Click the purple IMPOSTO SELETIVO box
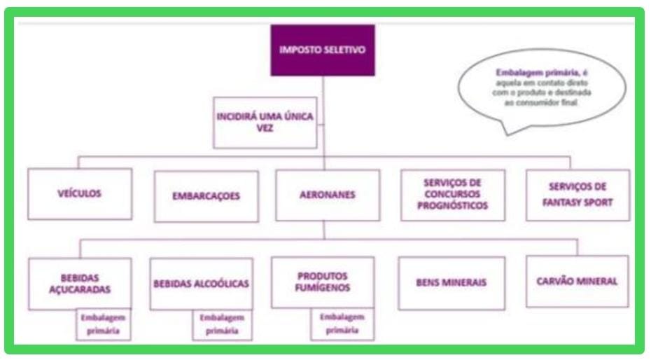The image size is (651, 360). pos(323,50)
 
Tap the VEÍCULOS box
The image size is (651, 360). pos(80,194)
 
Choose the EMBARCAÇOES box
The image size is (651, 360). pos(206,196)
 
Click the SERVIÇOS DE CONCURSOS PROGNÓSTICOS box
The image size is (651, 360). pos(453,195)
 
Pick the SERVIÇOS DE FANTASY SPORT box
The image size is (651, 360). pos(578,194)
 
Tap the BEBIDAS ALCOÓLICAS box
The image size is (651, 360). pos(202,284)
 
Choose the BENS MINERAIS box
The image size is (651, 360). pos(451,283)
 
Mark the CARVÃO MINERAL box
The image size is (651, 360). pos(577,281)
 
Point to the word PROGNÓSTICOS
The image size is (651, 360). pos(453,207)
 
